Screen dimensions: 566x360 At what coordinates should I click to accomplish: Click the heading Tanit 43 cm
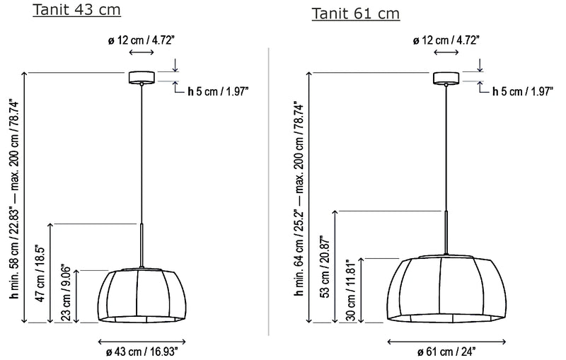[76, 10]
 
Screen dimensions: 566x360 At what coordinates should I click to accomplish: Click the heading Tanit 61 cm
[356, 13]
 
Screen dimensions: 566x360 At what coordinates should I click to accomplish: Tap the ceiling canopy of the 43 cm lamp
[142, 77]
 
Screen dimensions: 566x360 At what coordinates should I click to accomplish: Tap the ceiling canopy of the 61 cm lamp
[446, 78]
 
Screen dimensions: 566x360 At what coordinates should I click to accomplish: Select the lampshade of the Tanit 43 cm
[142, 295]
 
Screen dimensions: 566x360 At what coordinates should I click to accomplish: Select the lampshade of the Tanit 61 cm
[446, 289]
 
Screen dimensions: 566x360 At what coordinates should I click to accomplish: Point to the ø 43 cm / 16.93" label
[142, 352]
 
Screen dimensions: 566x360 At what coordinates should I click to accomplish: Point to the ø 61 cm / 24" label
[446, 352]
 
